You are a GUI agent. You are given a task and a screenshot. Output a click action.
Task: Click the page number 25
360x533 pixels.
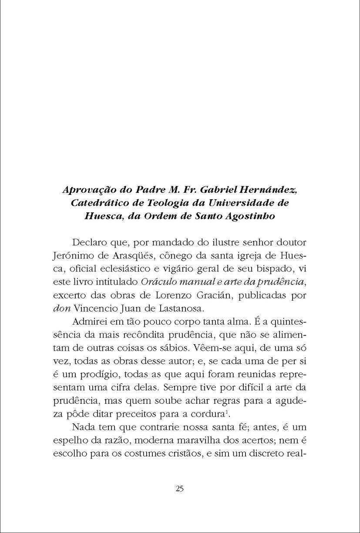pyautogui.click(x=179, y=488)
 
